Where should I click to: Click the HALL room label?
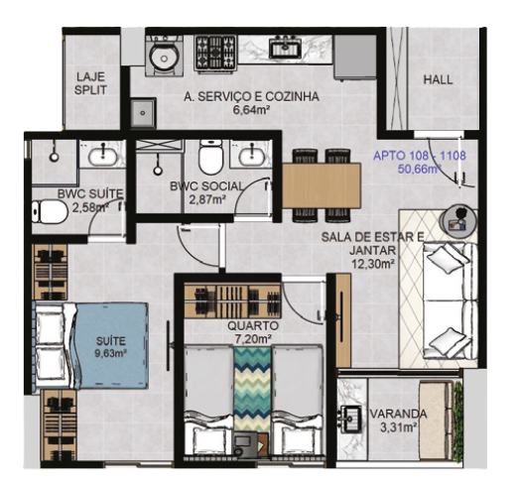click(438, 79)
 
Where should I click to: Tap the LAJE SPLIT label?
click(90, 83)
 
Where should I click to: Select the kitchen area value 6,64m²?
click(250, 110)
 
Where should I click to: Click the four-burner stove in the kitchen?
click(215, 53)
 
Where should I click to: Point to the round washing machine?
click(164, 56)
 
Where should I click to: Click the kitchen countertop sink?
click(285, 47)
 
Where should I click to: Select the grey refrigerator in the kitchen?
click(355, 57)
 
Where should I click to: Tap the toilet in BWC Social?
click(210, 158)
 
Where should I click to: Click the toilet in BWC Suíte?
click(50, 212)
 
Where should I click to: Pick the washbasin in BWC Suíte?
click(102, 155)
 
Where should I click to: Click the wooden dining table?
click(321, 185)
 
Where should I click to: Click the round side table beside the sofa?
click(458, 220)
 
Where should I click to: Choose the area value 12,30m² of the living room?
click(373, 264)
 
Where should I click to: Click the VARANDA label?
click(398, 414)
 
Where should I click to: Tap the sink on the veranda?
click(350, 419)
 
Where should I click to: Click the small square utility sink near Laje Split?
click(143, 113)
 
